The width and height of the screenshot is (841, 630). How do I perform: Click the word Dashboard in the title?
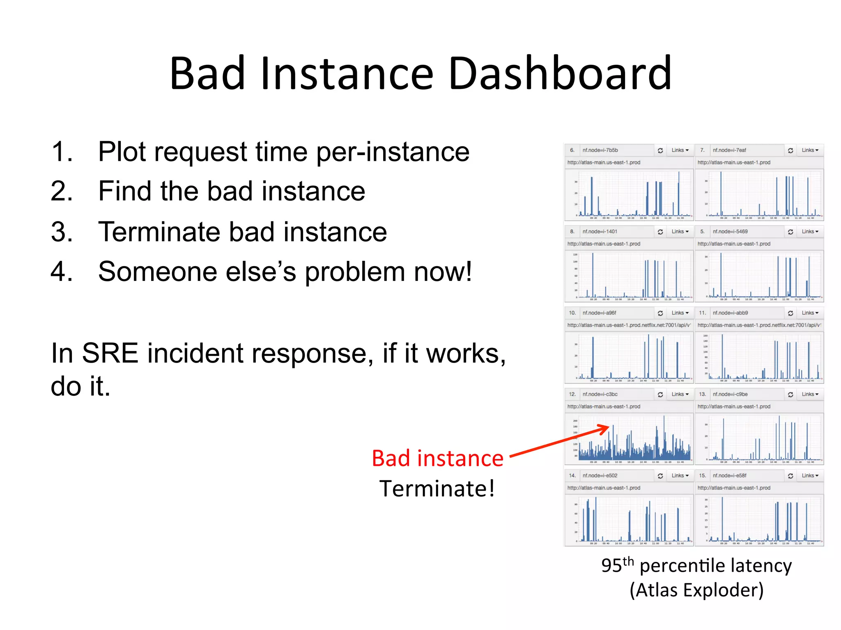tap(560, 74)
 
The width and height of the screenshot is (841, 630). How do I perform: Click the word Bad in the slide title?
tap(207, 74)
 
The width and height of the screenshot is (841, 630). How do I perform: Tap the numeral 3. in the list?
tap(62, 232)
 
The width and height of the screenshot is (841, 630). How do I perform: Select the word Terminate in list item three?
tap(159, 232)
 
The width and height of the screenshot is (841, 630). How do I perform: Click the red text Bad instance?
tap(437, 458)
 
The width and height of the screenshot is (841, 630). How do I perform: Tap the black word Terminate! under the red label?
tap(437, 489)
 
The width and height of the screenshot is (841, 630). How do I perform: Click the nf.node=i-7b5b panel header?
tap(600, 150)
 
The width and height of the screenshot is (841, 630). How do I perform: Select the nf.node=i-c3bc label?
tap(600, 394)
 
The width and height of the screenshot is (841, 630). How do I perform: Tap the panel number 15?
tap(702, 475)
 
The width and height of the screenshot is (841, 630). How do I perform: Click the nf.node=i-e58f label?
tap(729, 475)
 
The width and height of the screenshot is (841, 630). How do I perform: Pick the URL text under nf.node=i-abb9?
tap(759, 325)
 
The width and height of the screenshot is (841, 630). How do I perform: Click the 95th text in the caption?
tap(617, 566)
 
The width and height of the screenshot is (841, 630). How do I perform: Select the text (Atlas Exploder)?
tap(696, 590)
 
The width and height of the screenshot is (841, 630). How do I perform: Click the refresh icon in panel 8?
tap(660, 232)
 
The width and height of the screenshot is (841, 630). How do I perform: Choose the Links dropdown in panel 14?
tap(680, 475)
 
